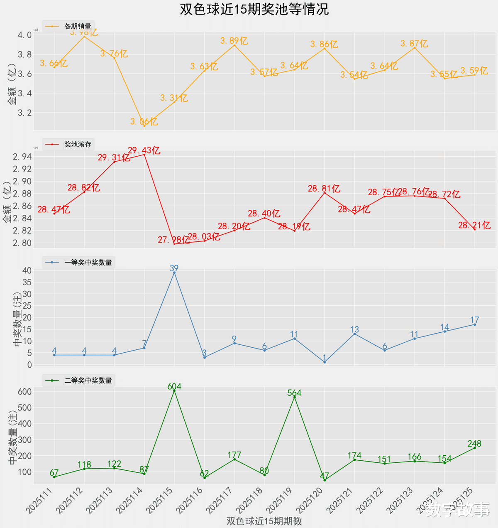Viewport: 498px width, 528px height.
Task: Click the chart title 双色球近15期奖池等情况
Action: [254, 10]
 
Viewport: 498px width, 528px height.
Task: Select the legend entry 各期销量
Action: [78, 26]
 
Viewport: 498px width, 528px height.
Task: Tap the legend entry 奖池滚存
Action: [78, 145]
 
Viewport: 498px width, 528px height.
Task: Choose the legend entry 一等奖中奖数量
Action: [88, 263]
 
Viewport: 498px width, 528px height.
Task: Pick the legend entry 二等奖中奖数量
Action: [88, 381]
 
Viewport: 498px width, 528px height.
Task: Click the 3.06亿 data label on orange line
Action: [144, 122]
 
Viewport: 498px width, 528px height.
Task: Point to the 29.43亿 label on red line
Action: [144, 150]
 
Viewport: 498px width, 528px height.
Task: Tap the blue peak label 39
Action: [174, 268]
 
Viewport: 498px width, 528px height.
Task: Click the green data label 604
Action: [174, 387]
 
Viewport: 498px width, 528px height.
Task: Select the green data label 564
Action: [294, 393]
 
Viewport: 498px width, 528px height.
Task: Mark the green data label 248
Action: [474, 444]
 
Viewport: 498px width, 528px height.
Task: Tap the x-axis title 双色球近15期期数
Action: [264, 521]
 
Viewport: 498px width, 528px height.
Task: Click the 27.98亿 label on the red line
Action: [174, 240]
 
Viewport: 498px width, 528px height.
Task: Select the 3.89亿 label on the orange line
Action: [234, 41]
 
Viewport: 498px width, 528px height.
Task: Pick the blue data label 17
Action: [474, 320]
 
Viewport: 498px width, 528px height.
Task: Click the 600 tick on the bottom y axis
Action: [24, 392]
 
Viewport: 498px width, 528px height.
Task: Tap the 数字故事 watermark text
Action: [457, 510]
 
